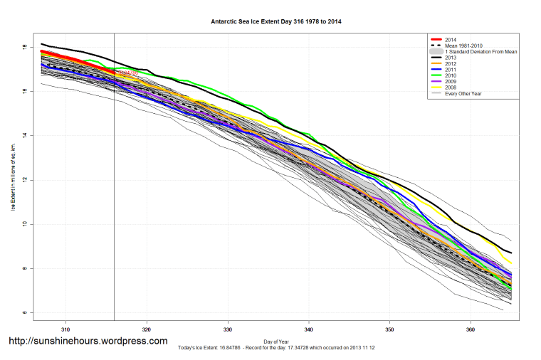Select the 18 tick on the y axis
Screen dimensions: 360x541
[24, 47]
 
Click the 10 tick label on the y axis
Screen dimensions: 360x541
[24, 224]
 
